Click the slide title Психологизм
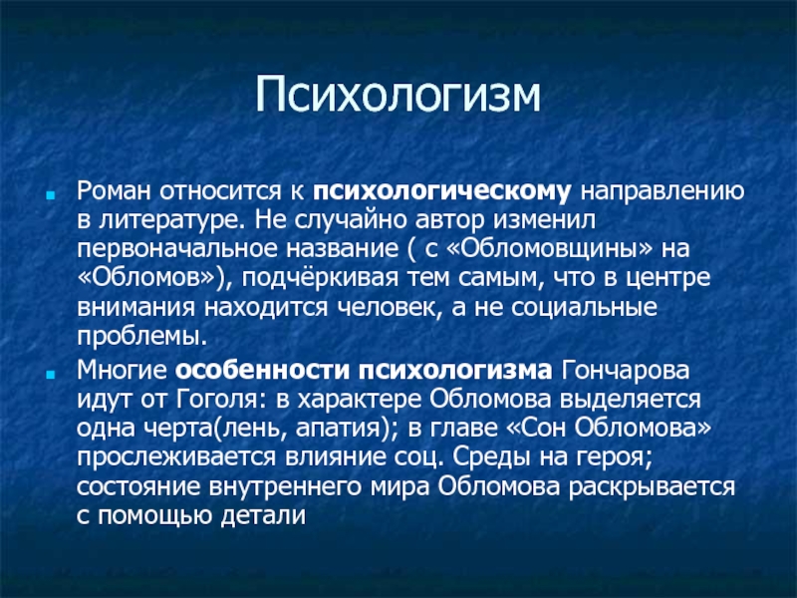398,97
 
